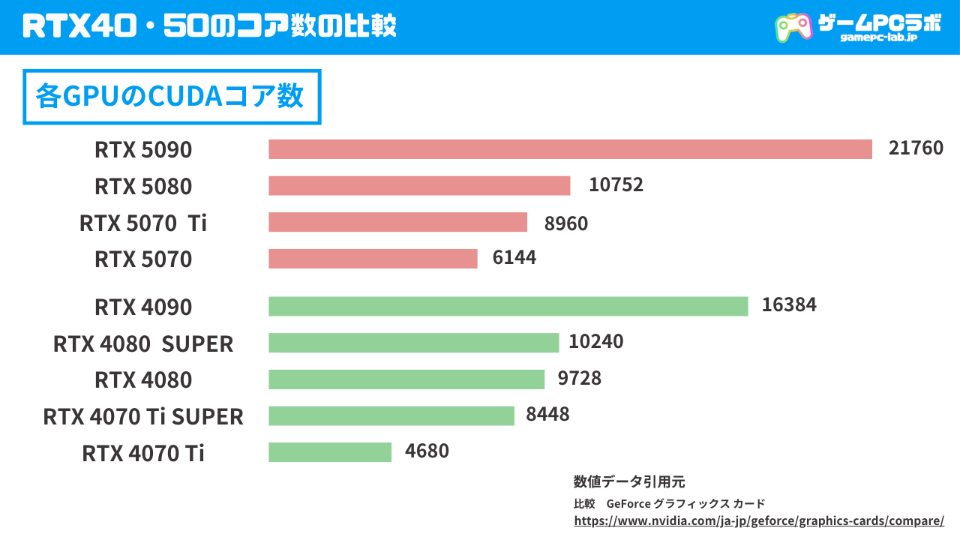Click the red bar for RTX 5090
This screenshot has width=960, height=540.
click(570, 149)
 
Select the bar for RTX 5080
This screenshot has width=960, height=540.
click(419, 185)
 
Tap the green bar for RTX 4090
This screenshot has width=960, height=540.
click(508, 306)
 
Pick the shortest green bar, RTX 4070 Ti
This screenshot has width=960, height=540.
click(330, 452)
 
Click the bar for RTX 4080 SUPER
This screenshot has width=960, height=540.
click(413, 343)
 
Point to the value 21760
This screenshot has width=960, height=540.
click(916, 148)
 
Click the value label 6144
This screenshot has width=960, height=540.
click(514, 258)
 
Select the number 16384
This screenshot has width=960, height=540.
click(789, 304)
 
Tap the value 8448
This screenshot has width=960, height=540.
click(547, 414)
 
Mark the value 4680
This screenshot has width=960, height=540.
click(427, 451)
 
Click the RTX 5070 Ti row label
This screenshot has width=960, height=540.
click(143, 223)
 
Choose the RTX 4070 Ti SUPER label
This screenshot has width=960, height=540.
click(143, 416)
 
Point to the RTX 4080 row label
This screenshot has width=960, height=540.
click(143, 380)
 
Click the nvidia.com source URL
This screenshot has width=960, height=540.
click(758, 520)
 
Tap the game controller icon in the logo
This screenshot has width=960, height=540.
click(793, 27)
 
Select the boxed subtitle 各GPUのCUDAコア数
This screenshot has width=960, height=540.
click(172, 97)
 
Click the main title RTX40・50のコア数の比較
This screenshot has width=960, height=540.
click(209, 26)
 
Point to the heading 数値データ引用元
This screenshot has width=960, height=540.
click(628, 481)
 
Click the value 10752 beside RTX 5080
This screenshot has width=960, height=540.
click(616, 184)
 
